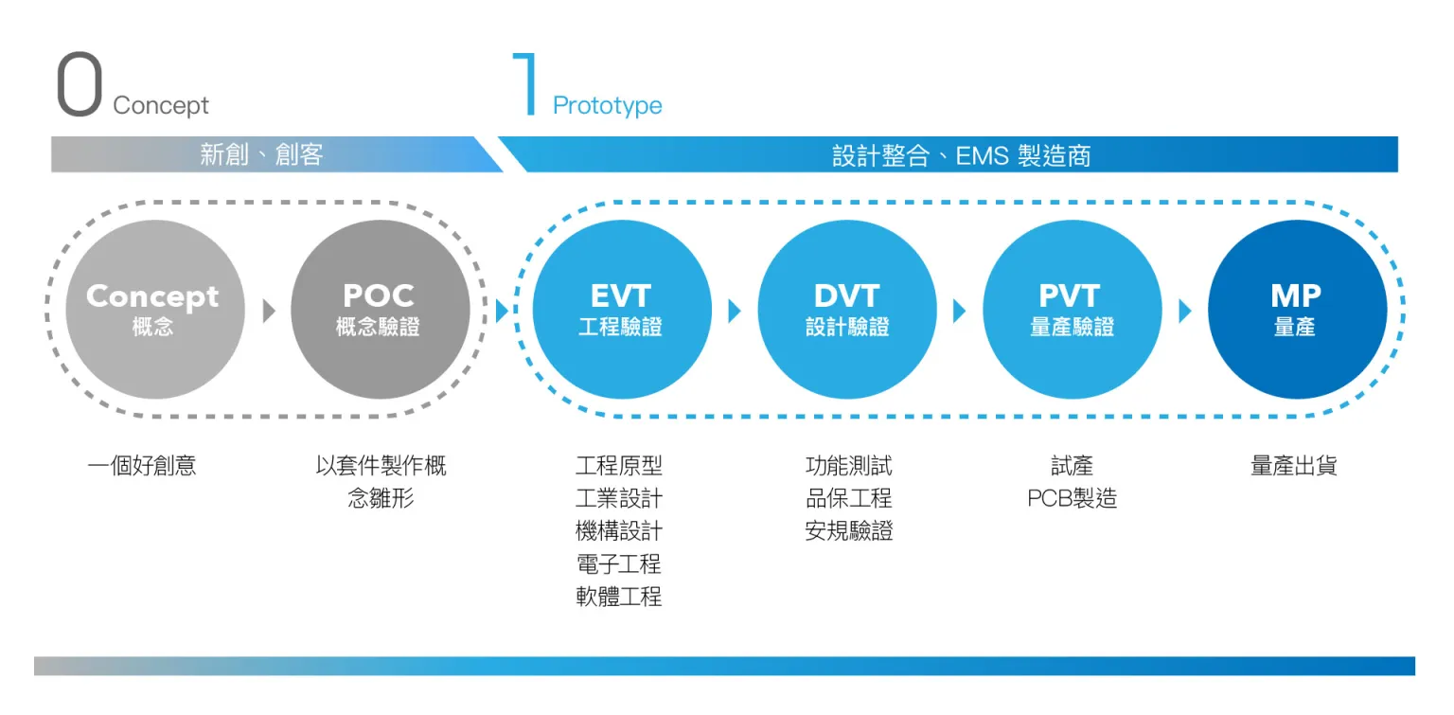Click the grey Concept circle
(x=155, y=309)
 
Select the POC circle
(x=381, y=309)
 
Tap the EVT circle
(x=622, y=309)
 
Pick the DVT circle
(x=847, y=309)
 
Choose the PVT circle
(x=1073, y=309)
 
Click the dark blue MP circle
(x=1298, y=309)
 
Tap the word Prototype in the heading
(x=607, y=105)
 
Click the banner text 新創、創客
(x=261, y=154)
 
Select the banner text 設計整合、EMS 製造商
(x=962, y=156)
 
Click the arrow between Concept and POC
(x=269, y=311)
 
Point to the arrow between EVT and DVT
(x=735, y=311)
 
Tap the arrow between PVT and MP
(x=1185, y=311)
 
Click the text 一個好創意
(x=141, y=466)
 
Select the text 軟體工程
(x=618, y=597)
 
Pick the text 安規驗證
(x=848, y=531)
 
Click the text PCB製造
(x=1072, y=498)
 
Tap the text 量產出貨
(x=1294, y=466)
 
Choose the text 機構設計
(x=618, y=531)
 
